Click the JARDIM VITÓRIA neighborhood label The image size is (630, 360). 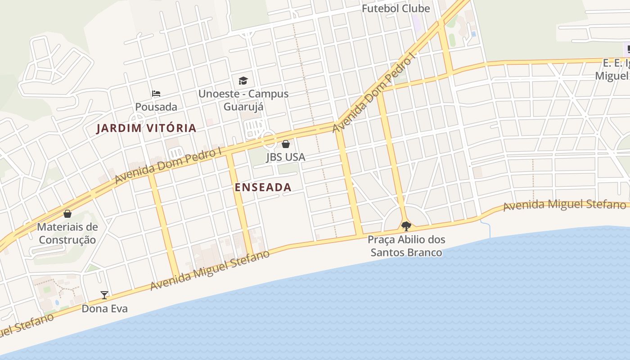(x=146, y=128)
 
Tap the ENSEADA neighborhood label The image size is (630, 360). (x=263, y=188)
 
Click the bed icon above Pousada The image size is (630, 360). (x=156, y=94)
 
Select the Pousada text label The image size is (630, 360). (x=156, y=107)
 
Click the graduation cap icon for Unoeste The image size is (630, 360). (x=243, y=81)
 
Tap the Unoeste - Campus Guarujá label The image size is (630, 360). (x=243, y=100)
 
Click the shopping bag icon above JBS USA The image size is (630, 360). (x=285, y=144)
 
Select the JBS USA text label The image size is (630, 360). (x=285, y=157)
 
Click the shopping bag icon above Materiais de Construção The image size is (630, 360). (x=67, y=213)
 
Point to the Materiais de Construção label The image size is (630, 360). (x=67, y=233)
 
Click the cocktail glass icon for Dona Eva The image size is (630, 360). (x=104, y=295)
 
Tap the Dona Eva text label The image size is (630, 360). (x=104, y=309)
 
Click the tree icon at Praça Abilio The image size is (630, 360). (x=406, y=226)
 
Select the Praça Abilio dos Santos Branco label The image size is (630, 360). (x=406, y=246)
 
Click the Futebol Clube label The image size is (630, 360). (x=396, y=9)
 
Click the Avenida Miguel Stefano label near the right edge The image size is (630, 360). (x=564, y=205)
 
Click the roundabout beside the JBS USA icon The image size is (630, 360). (x=270, y=140)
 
